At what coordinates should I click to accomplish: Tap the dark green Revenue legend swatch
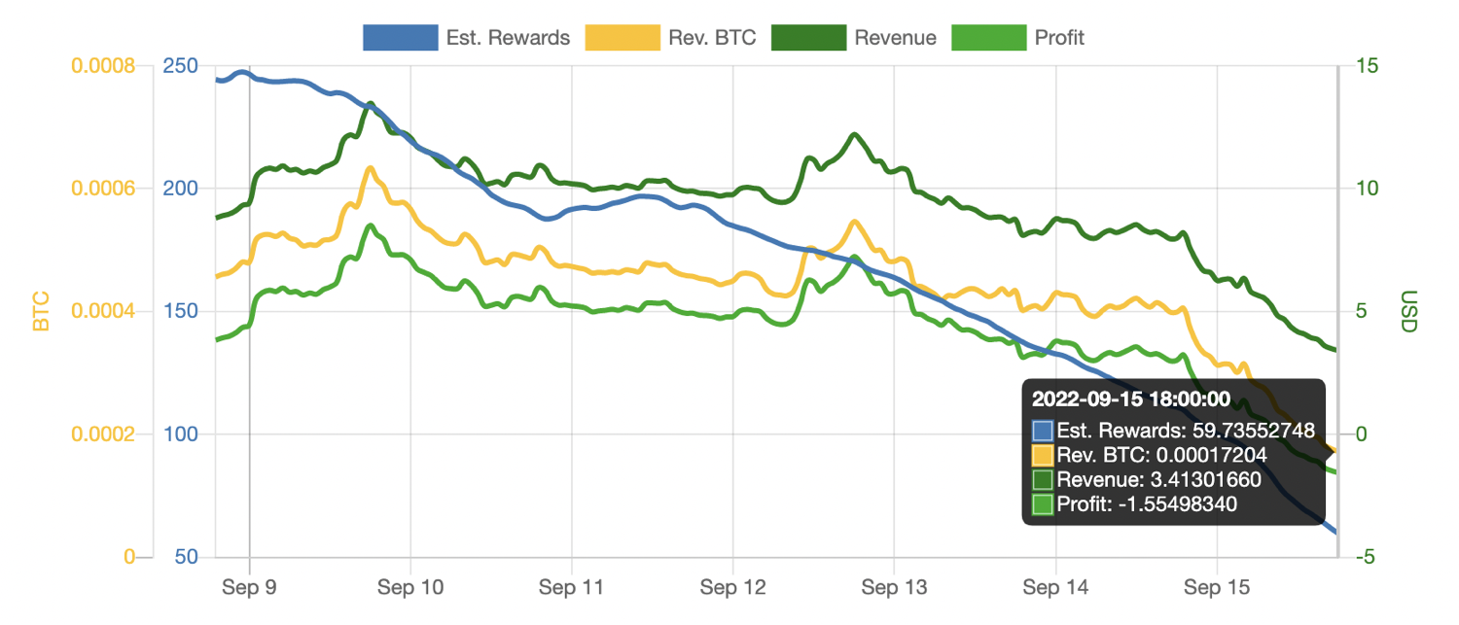(x=806, y=38)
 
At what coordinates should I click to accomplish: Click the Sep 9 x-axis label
(x=250, y=587)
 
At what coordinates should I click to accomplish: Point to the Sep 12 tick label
(x=732, y=587)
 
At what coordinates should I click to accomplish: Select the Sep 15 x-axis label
(x=1216, y=587)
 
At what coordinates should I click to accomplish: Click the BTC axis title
(x=41, y=311)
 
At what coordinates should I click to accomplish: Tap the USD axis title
(x=1407, y=311)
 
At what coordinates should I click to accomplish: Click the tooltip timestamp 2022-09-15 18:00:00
(x=1131, y=399)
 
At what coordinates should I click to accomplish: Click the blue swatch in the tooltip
(x=1043, y=430)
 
